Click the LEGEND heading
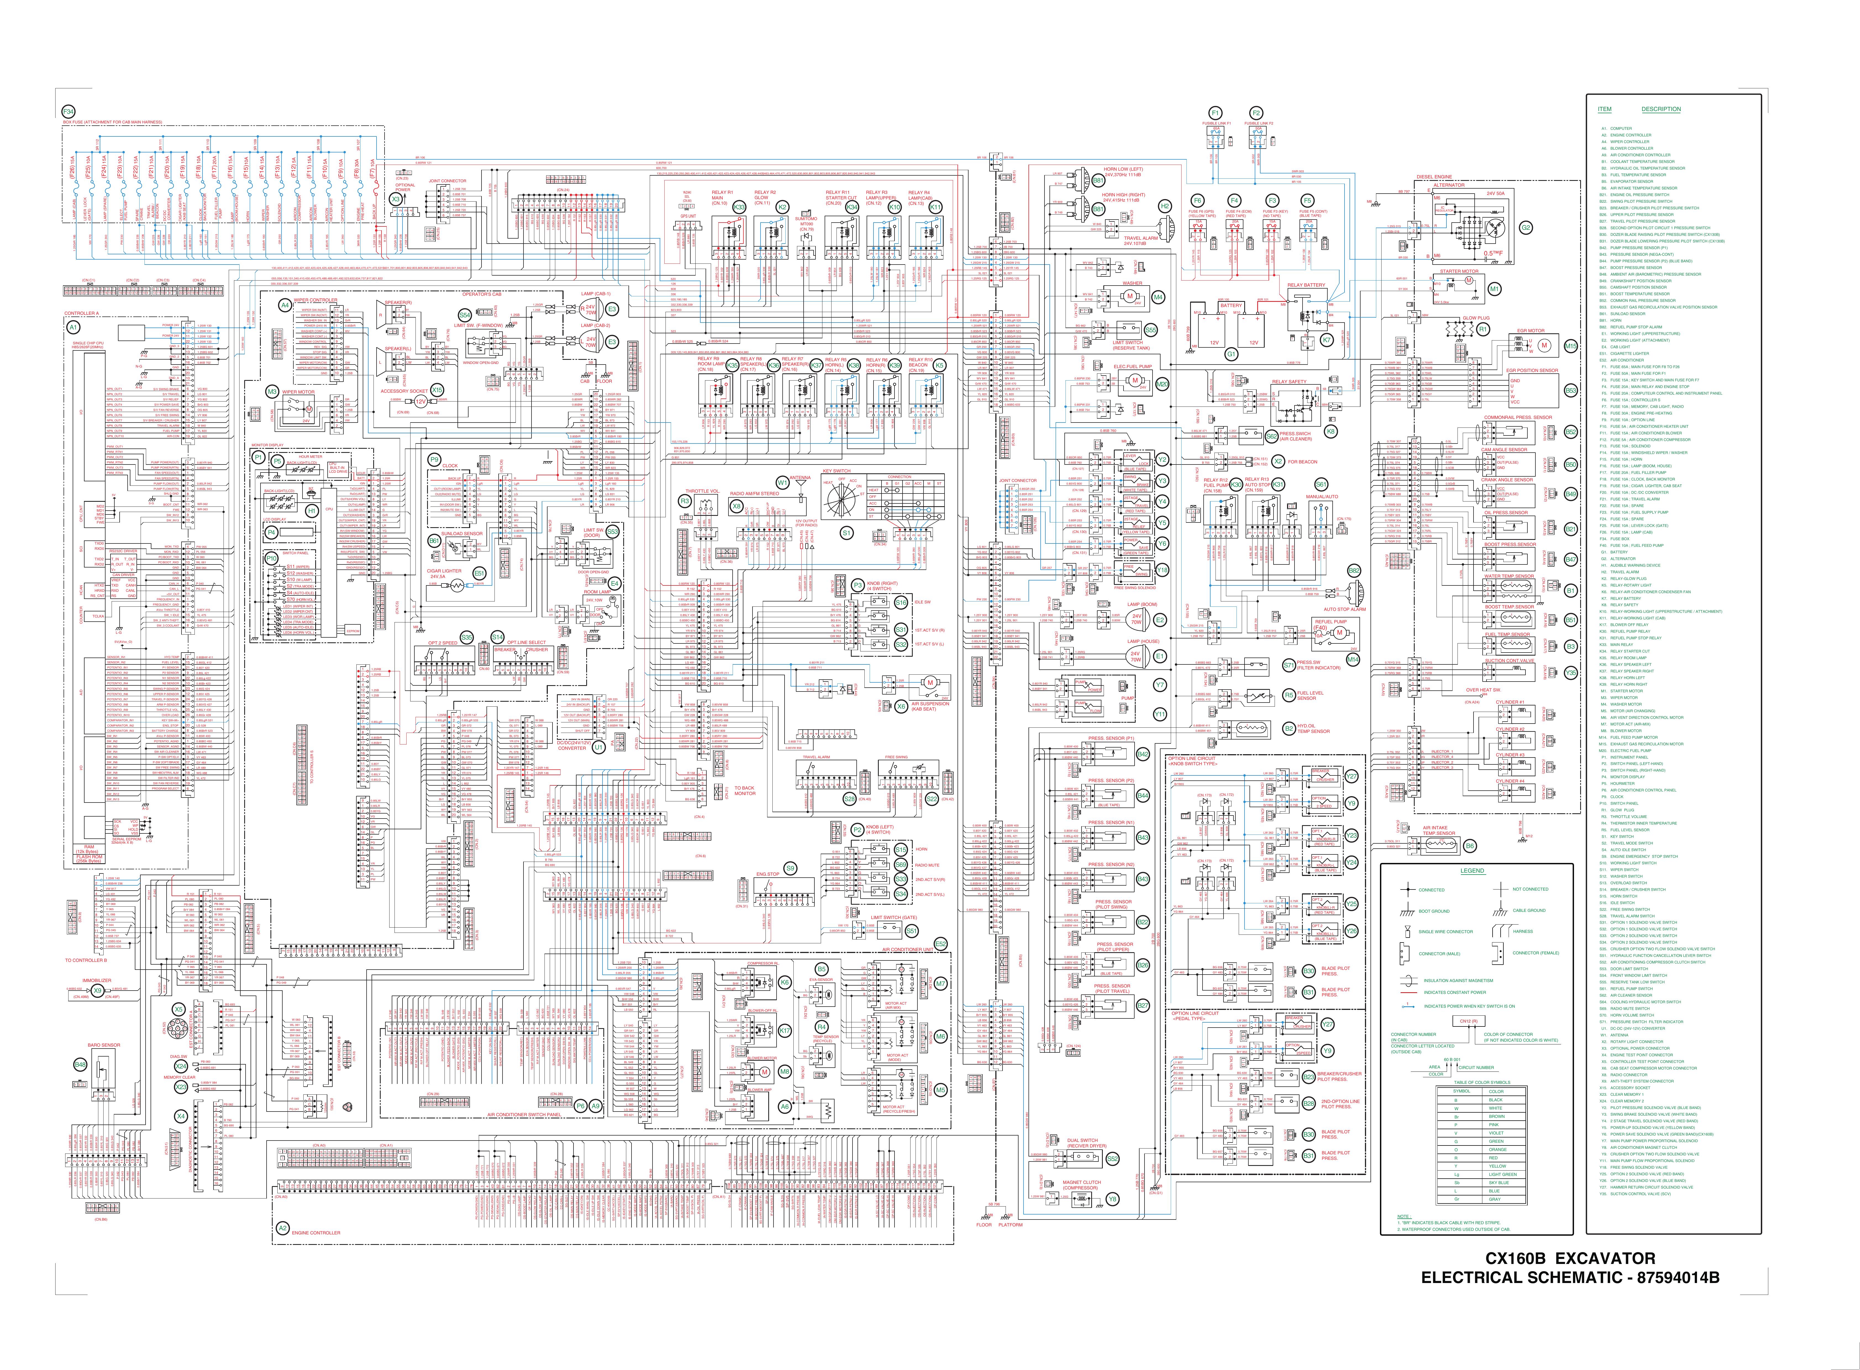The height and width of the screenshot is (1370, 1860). pyautogui.click(x=1473, y=871)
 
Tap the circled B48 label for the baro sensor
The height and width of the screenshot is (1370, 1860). pyautogui.click(x=80, y=1064)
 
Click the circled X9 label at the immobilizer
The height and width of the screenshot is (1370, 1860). pyautogui.click(x=98, y=990)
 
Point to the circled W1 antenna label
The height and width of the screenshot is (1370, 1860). pyautogui.click(x=782, y=481)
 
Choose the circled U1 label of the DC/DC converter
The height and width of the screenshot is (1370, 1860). pyautogui.click(x=598, y=746)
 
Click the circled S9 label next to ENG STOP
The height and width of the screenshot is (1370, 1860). pyautogui.click(x=791, y=867)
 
